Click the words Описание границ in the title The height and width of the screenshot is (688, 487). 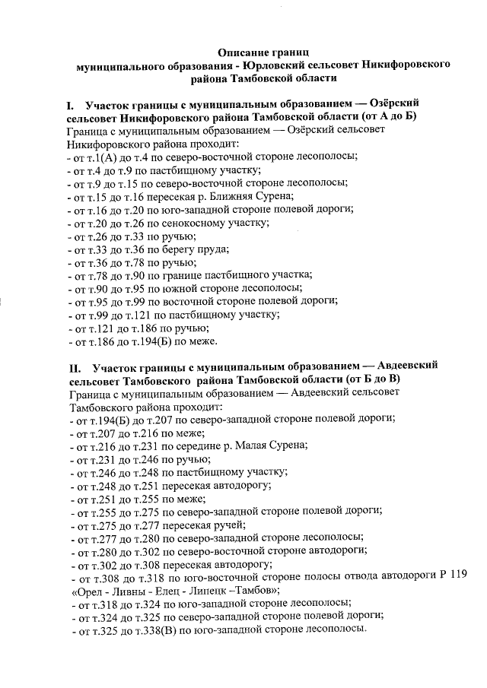click(255, 52)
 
